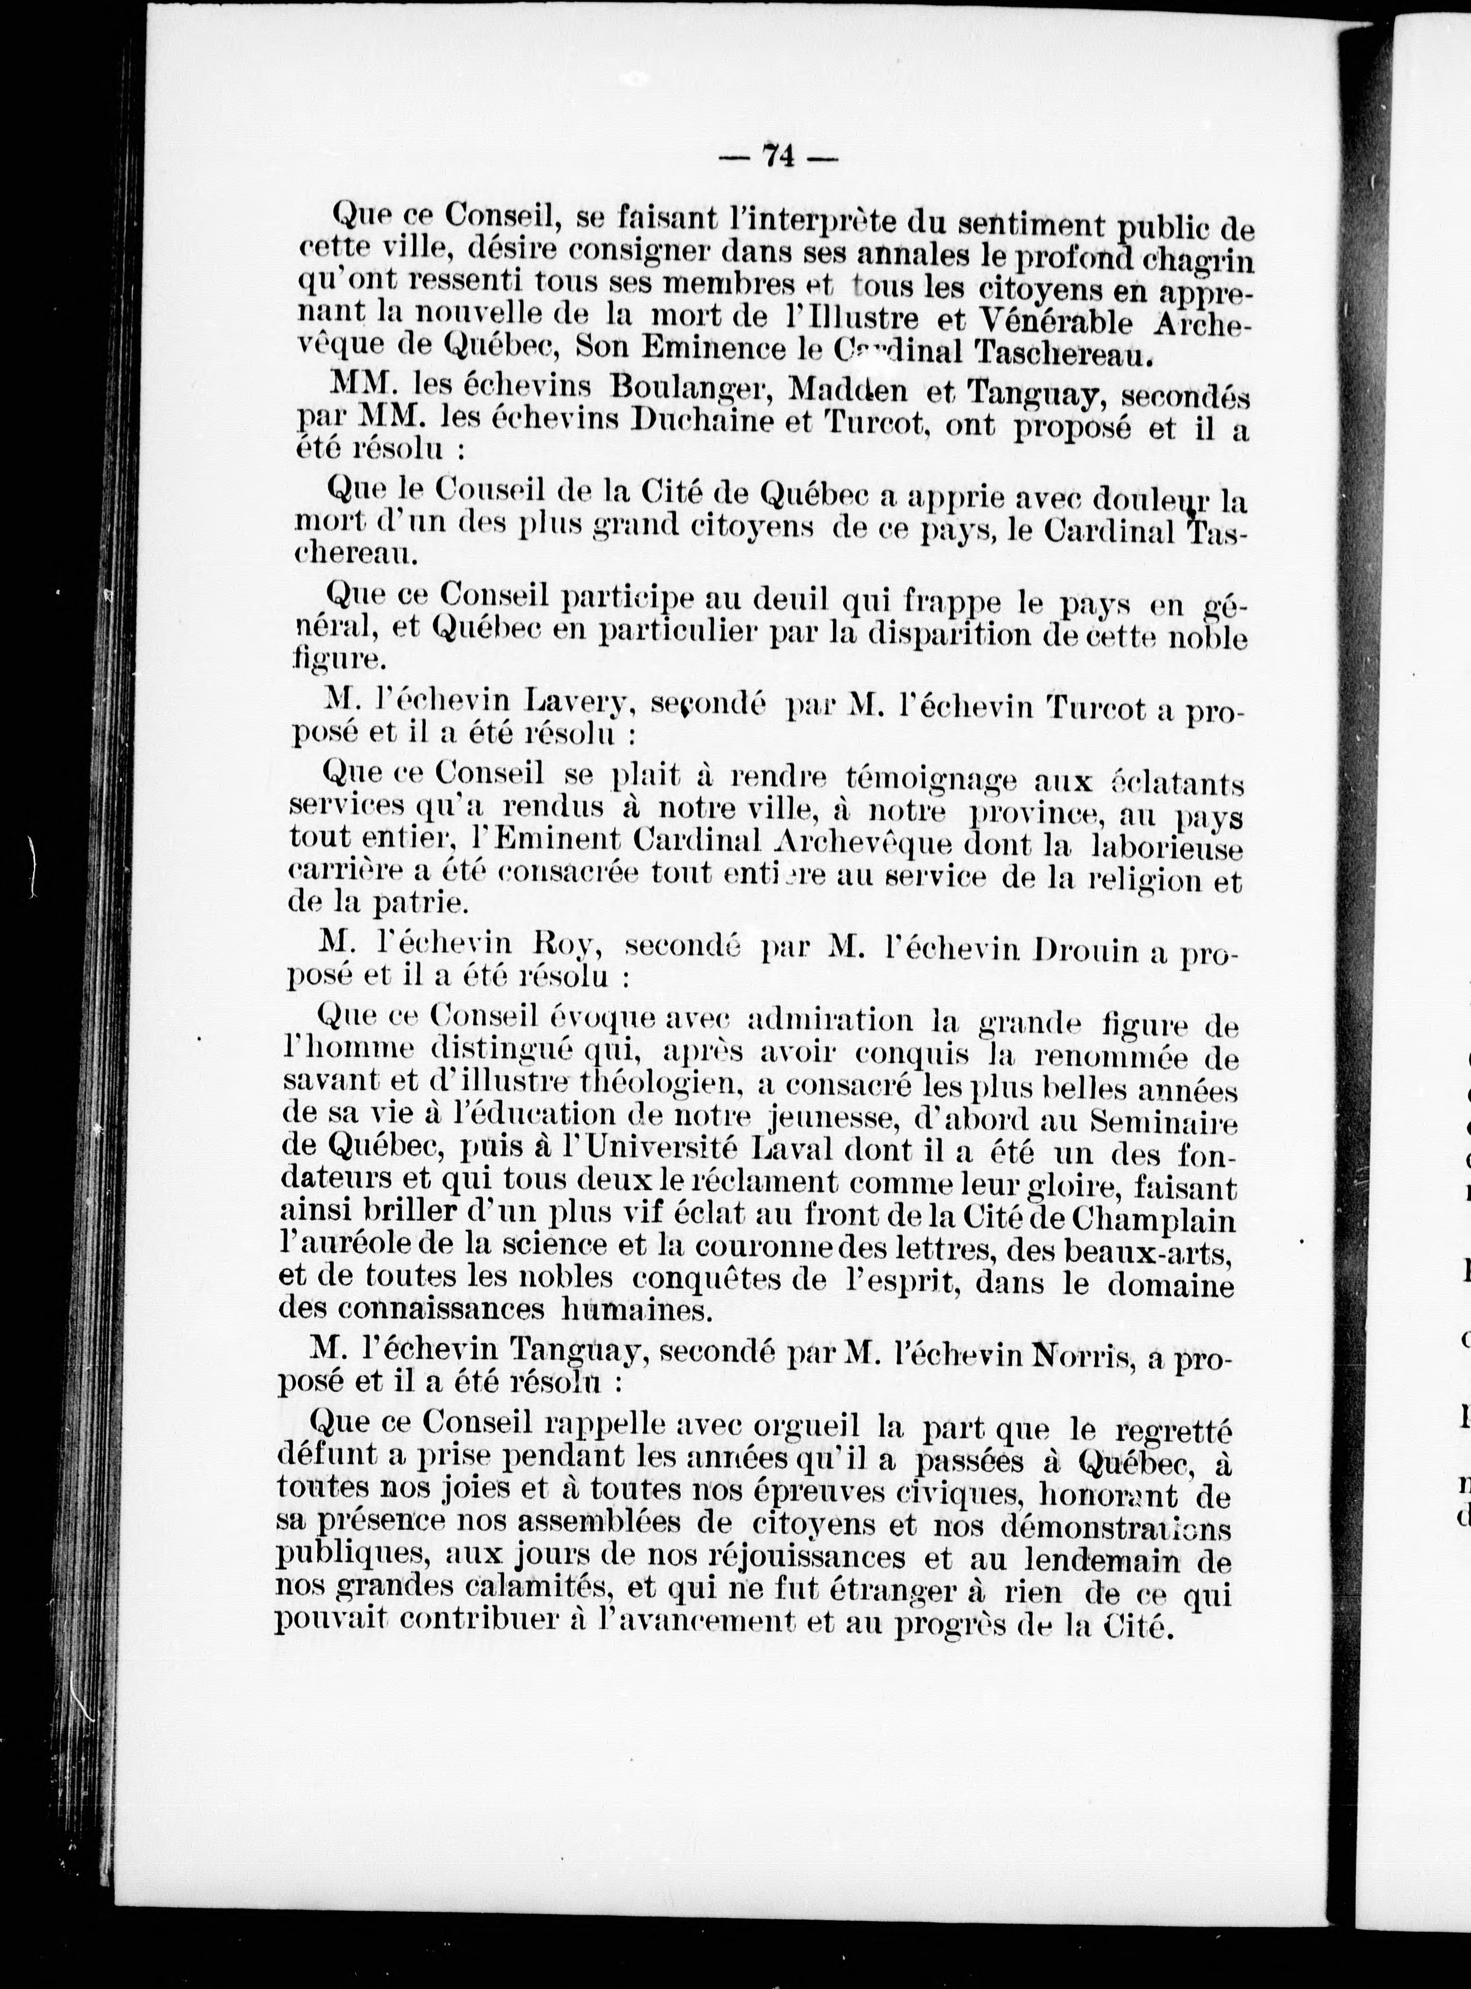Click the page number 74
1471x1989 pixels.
click(x=777, y=156)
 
